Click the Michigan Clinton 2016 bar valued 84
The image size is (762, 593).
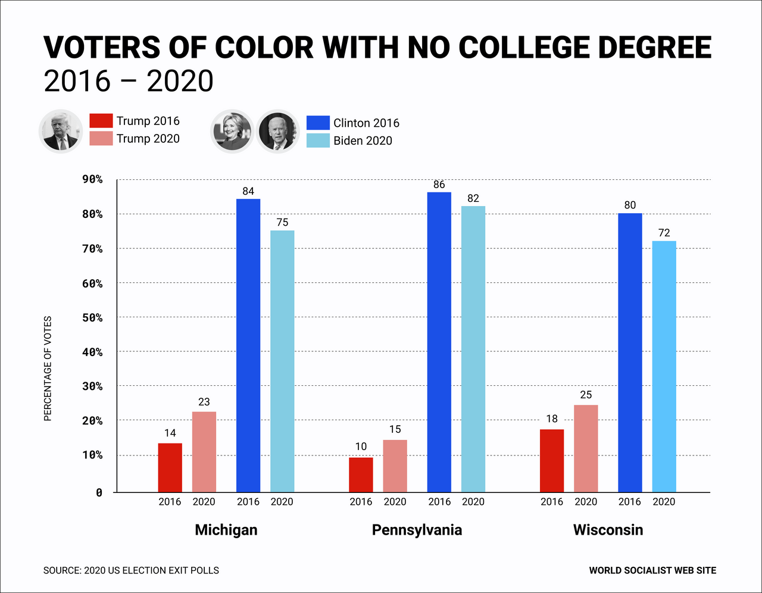[x=248, y=345]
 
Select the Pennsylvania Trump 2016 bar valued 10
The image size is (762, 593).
[x=361, y=475]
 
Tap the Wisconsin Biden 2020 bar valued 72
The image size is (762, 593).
[x=664, y=366]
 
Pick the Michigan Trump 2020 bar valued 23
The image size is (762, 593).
[x=204, y=452]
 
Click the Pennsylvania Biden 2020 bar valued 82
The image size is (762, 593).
[x=473, y=349]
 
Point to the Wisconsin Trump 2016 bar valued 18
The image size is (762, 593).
[x=552, y=460]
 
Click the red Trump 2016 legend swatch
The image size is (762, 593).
[x=101, y=121]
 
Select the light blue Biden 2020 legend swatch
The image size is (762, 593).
[x=318, y=141]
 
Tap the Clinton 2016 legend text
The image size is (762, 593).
[x=366, y=123]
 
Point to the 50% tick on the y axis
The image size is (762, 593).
[x=92, y=318]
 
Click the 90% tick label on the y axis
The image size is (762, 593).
[x=92, y=179]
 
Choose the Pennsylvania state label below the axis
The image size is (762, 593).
[x=417, y=530]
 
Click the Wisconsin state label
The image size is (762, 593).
[x=608, y=530]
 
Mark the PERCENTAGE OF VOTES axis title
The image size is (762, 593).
[x=48, y=369]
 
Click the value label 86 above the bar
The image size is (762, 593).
[x=439, y=185]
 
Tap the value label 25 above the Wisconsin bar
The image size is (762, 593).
[x=586, y=395]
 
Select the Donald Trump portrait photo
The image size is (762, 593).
[x=61, y=131]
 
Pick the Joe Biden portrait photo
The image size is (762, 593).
[x=277, y=131]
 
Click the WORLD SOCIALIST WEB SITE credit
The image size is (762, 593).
[x=652, y=570]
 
